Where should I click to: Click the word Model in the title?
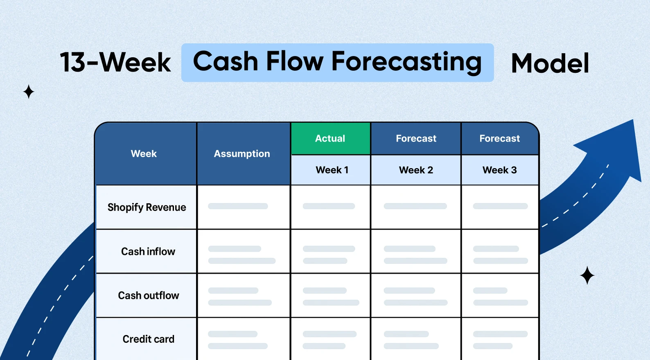point(550,63)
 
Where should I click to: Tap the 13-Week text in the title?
point(115,62)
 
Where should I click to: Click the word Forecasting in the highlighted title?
point(406,62)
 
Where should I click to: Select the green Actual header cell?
point(330,138)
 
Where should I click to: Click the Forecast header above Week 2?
point(416,138)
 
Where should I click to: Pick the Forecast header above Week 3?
point(500,138)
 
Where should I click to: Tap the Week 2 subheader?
point(416,170)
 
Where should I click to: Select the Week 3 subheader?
point(500,170)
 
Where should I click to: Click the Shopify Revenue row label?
point(147,207)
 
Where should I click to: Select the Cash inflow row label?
point(148,251)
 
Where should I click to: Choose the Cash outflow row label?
point(148,295)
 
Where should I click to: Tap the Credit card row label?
point(148,339)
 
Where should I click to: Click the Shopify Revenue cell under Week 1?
point(330,207)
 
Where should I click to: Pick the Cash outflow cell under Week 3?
point(500,295)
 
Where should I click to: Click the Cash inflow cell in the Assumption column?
point(243,251)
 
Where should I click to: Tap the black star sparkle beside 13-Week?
point(29,92)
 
